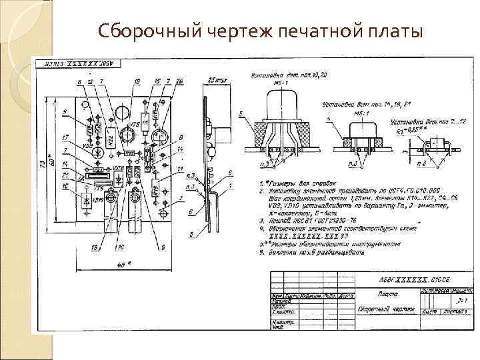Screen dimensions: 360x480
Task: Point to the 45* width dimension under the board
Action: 123,264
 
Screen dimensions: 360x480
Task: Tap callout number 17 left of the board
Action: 65,137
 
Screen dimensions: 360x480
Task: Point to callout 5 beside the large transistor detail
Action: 239,115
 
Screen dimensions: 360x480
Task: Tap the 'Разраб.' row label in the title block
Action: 279,301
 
